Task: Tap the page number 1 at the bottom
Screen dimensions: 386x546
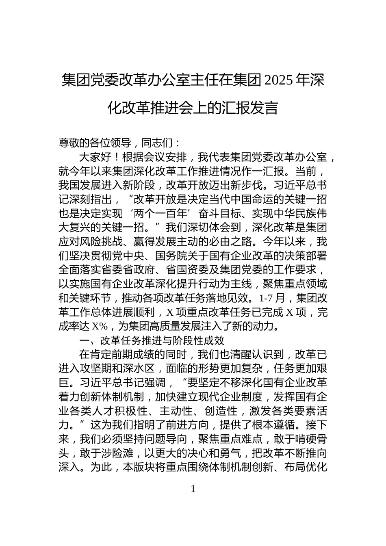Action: [193, 489]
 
